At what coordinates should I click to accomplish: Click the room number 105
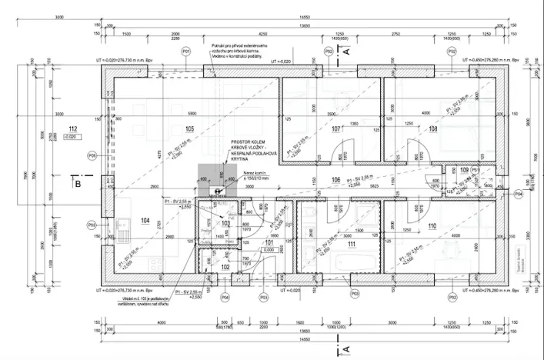tap(189, 128)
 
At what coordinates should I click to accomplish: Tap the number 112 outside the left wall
tap(73, 129)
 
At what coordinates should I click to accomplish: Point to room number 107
tap(336, 128)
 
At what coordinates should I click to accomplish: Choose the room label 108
tap(432, 128)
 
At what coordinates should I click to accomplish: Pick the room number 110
tap(432, 226)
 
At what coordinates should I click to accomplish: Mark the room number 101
tap(269, 243)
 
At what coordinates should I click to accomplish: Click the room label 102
tap(225, 266)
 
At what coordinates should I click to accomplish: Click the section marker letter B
tap(77, 183)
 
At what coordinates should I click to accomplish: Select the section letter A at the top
tap(347, 51)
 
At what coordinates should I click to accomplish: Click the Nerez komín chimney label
tap(256, 173)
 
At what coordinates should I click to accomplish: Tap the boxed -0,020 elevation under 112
tap(72, 137)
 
